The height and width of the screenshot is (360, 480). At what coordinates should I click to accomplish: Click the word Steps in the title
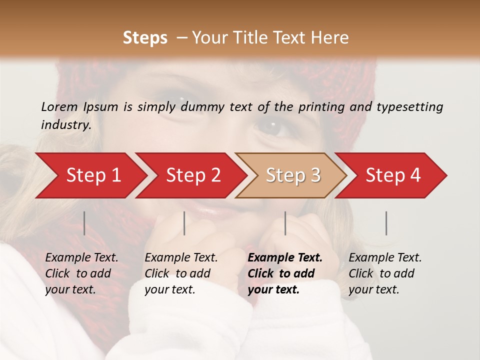point(145,38)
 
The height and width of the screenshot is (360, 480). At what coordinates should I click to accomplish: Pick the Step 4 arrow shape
point(393,175)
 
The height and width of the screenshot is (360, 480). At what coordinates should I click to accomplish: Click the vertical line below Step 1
point(84,223)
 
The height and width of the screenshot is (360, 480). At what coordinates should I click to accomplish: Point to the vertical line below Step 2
point(184,223)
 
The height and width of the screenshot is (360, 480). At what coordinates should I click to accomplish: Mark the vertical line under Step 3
point(285,223)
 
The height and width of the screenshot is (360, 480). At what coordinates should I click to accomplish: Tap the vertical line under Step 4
point(386,223)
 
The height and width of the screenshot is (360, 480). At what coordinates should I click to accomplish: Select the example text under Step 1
point(81,273)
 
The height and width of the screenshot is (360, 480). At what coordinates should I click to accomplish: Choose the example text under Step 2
point(181,273)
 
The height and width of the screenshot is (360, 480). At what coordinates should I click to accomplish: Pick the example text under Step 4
point(385,273)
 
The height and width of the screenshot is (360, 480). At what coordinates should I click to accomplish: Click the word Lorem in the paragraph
point(59,106)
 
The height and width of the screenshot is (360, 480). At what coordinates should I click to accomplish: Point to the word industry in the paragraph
point(65,125)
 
